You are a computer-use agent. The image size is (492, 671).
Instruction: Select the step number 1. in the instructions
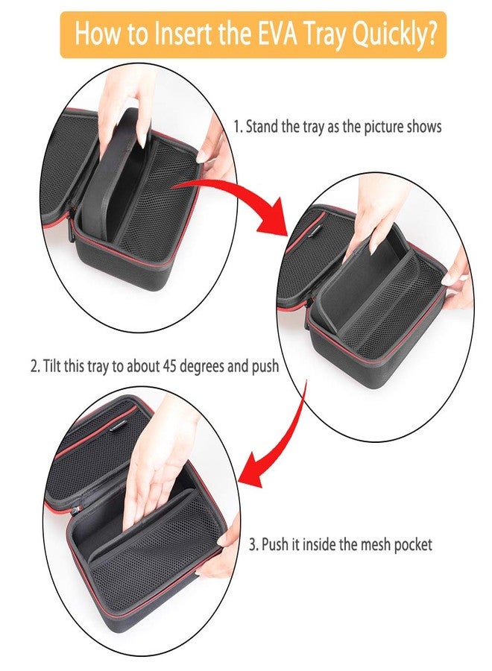pos(239,126)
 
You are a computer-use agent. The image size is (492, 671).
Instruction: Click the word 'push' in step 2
pos(265,366)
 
